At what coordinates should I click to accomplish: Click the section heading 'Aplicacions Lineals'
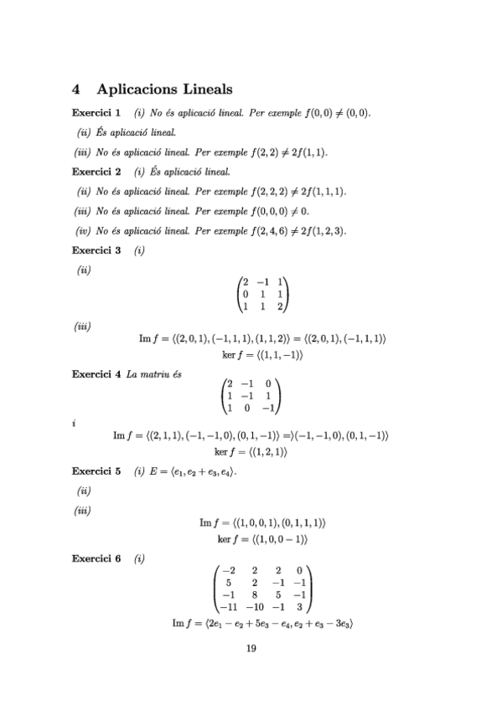click(165, 88)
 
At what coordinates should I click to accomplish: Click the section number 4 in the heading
click(76, 88)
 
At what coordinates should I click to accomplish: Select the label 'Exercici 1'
click(96, 112)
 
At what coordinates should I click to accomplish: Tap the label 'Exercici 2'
click(96, 172)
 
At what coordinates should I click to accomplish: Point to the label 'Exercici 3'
click(96, 250)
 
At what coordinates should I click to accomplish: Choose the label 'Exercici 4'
click(96, 373)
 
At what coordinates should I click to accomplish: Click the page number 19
click(251, 648)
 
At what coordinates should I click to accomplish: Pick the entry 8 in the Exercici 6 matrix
click(254, 595)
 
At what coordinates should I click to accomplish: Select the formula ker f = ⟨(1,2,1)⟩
click(251, 452)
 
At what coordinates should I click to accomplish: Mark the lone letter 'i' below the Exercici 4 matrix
click(75, 424)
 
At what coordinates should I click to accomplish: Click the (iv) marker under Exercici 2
click(83, 230)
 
